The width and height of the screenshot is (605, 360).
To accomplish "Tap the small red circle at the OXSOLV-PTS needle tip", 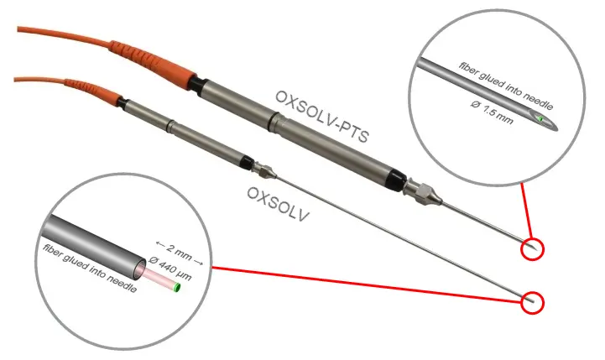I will (x=532, y=248).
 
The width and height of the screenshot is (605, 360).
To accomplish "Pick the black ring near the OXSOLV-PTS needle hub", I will (x=393, y=178).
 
